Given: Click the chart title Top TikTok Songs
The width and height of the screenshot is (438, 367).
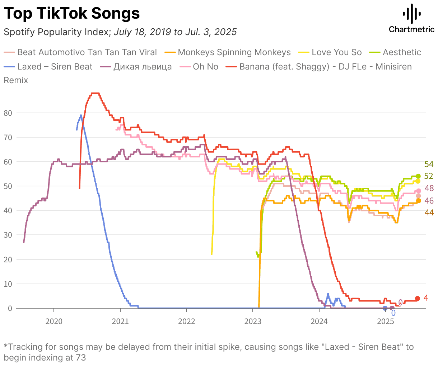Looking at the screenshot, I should [72, 14].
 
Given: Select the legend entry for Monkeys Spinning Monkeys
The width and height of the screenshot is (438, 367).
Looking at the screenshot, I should [234, 52].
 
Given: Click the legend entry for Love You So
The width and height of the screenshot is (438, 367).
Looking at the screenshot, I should [336, 52].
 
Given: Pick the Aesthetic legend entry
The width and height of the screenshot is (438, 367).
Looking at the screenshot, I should [402, 52].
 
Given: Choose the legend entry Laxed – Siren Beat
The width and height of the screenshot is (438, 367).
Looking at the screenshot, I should [55, 67].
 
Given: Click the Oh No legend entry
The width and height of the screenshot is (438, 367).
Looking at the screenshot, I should [205, 67].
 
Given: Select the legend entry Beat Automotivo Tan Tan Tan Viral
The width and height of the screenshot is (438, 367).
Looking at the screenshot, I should [87, 52].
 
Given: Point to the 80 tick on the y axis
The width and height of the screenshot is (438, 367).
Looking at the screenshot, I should [8, 113].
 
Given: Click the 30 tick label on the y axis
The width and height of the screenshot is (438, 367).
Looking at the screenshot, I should [8, 235].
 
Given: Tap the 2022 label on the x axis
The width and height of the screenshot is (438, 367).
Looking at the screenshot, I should [187, 321].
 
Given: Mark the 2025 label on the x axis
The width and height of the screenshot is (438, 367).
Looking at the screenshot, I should [386, 321].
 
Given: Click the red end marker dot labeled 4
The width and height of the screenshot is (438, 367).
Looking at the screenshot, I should [418, 299].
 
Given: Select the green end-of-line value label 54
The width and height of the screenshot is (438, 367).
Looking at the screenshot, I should [429, 165].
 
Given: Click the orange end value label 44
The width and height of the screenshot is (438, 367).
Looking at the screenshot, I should [429, 213].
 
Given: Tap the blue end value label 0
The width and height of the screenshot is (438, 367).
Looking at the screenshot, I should [393, 313].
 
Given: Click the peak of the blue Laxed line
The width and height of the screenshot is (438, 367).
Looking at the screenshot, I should [81, 115].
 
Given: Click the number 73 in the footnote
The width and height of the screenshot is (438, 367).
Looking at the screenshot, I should [81, 358].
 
